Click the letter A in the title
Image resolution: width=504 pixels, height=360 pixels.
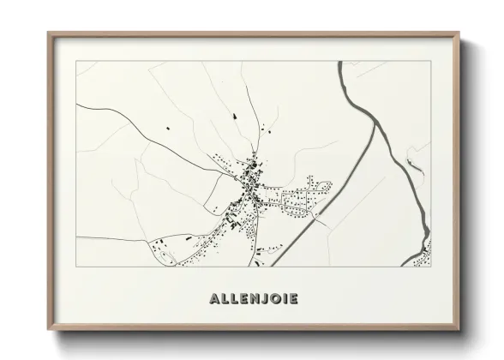213,299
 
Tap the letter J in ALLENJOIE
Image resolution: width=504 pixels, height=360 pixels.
262,299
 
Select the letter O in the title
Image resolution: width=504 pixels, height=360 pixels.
273,299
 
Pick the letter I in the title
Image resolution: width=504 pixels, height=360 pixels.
284,299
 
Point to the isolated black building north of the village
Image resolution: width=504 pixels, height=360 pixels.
231,114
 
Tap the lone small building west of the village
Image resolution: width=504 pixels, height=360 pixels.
168,129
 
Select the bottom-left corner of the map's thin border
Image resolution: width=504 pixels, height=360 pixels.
76,267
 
